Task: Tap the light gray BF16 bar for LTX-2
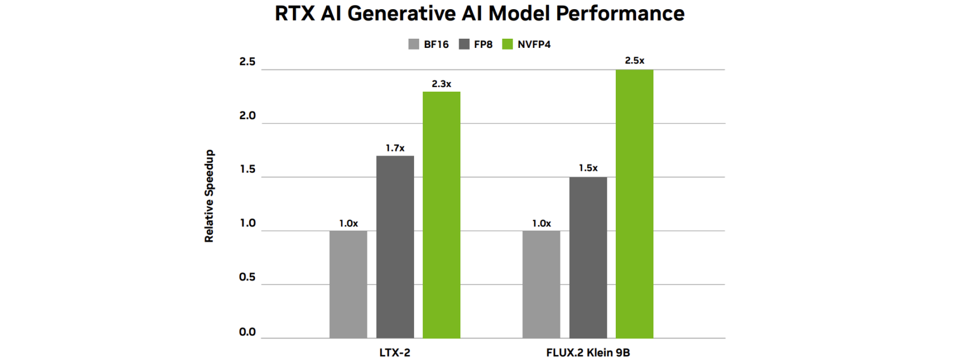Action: pyautogui.click(x=348, y=284)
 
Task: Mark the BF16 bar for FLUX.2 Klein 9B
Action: pyautogui.click(x=541, y=284)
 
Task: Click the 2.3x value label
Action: pyautogui.click(x=441, y=84)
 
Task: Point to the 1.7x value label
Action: pyautogui.click(x=395, y=148)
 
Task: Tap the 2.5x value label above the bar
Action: pyautogui.click(x=634, y=60)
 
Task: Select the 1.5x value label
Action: pyautogui.click(x=588, y=168)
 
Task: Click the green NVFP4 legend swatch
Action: pyautogui.click(x=508, y=44)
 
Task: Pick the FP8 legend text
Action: pyautogui.click(x=483, y=44)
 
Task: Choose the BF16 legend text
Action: pyautogui.click(x=436, y=44)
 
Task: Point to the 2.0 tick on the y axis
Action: pyautogui.click(x=247, y=116)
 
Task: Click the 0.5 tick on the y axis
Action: pyautogui.click(x=247, y=277)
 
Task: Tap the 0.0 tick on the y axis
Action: pyautogui.click(x=247, y=332)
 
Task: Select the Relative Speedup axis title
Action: pyautogui.click(x=209, y=196)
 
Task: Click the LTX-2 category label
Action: pyautogui.click(x=395, y=353)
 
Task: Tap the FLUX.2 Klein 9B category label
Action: pyautogui.click(x=588, y=353)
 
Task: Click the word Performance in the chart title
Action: pyautogui.click(x=620, y=13)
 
